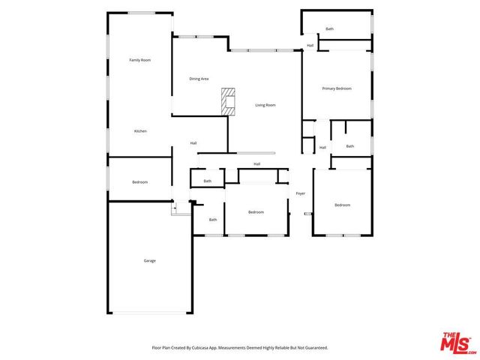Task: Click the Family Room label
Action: point(140,60)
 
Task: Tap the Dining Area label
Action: point(199,79)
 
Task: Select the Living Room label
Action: point(265,105)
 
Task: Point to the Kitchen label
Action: point(140,131)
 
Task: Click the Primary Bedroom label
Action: point(337,88)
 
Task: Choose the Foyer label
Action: point(301,193)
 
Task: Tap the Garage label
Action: point(150,260)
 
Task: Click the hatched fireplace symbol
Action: point(228,100)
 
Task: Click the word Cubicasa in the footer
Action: point(199,348)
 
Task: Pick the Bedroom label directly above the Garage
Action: point(140,182)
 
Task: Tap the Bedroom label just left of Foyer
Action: point(256,212)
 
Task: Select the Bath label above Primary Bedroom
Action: point(329,29)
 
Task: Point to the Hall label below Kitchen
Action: point(193,143)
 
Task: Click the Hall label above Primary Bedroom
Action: point(310,46)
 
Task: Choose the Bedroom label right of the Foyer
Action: point(342,205)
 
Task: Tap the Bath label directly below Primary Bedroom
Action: point(349,146)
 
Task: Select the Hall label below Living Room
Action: point(256,163)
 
